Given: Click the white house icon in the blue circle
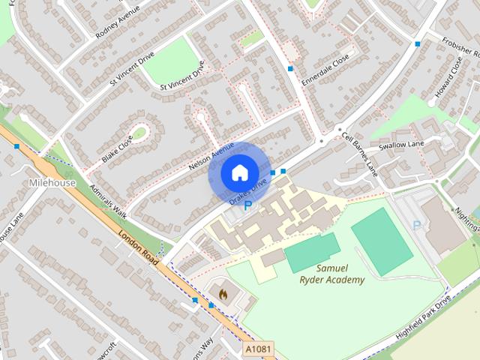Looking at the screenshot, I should point(238,172).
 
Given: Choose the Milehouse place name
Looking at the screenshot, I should point(52,183).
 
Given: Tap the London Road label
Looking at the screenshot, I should point(138,246).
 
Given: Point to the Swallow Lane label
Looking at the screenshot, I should point(401,144).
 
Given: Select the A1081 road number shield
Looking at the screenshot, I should point(259,349).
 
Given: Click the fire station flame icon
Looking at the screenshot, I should point(221,291).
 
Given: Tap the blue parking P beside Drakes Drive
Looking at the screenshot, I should point(248,204).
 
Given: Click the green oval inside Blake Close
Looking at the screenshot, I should point(139,133).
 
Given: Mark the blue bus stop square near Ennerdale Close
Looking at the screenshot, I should point(291,69).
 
